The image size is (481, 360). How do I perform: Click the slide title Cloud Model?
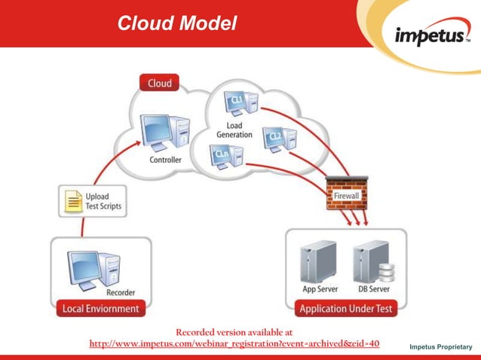tap(177, 23)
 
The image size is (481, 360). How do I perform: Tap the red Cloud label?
tap(159, 84)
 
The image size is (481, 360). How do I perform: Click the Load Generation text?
tap(234, 129)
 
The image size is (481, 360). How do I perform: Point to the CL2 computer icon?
tap(278, 140)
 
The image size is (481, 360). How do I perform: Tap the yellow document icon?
tap(73, 201)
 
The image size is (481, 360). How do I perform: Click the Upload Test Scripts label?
tap(103, 201)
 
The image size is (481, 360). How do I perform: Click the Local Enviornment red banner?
tap(100, 309)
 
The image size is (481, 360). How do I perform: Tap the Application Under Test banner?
tap(345, 309)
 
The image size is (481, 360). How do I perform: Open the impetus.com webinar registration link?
tap(234, 344)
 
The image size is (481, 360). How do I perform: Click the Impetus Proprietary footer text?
tap(440, 346)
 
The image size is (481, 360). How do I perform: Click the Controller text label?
tap(165, 160)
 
